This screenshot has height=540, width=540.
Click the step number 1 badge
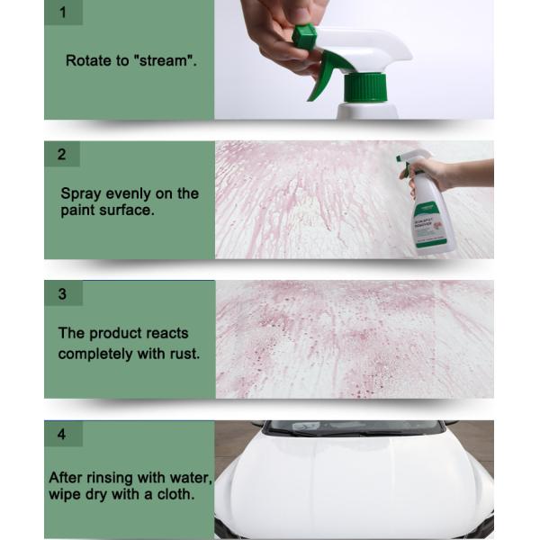click(62, 13)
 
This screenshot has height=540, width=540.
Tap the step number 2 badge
click(62, 154)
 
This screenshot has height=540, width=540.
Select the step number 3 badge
click(62, 293)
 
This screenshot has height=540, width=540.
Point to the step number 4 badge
click(62, 434)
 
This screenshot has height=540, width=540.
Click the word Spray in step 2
click(80, 193)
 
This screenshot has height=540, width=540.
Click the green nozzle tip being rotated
click(305, 37)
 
